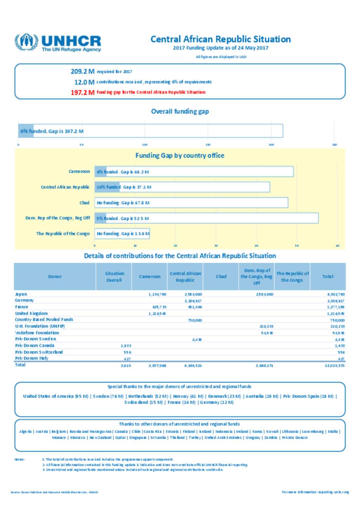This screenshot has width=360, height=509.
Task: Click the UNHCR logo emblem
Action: coord(26,42)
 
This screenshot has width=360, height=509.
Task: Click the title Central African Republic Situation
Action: coord(220,39)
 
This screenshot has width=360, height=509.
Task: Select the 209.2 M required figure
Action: coord(82,71)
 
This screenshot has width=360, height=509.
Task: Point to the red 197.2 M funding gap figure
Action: coord(82,92)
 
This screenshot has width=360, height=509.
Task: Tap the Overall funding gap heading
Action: coord(180,111)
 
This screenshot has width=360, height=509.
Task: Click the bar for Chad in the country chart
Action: coord(191,203)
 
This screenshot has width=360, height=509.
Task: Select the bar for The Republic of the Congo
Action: coord(122,234)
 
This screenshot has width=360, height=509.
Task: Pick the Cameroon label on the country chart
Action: coord(79,171)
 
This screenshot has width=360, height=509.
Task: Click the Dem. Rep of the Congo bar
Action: coord(206,218)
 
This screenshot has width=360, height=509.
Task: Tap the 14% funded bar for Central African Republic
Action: coord(182,187)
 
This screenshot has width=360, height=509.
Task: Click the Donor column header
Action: coord(55,276)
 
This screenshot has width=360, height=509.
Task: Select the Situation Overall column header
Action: coord(114,276)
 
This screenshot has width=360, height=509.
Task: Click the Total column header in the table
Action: coord(328,276)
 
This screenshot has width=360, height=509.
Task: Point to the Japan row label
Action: coord(21,294)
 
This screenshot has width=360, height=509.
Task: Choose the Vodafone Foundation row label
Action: coord(37,333)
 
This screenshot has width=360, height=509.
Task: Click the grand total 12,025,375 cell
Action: coord(334,366)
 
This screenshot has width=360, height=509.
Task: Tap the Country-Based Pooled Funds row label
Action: coord(44,320)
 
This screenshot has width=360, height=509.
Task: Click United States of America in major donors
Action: coord(48,396)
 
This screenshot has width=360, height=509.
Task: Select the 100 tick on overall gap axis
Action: coord(144,144)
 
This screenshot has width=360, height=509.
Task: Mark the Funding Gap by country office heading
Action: coord(180,156)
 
